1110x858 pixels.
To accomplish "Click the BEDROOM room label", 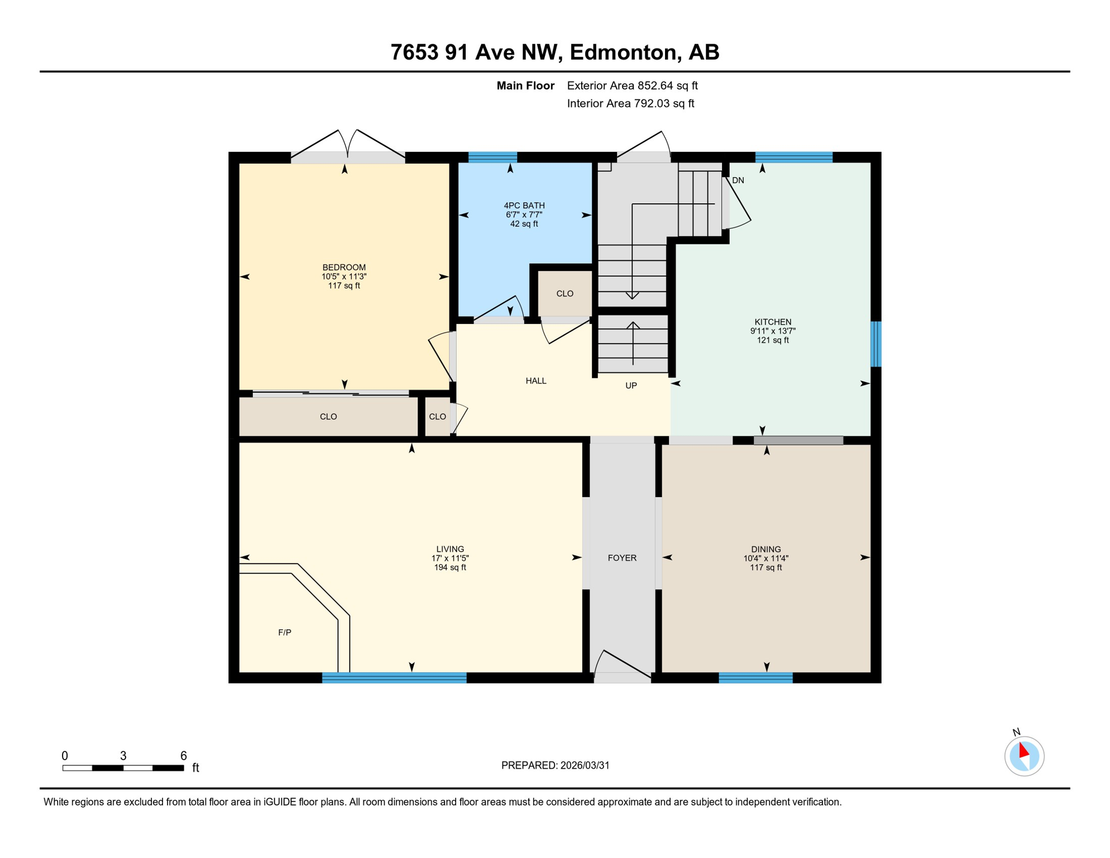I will coord(344,267).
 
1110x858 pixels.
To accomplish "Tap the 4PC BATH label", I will coord(524,206).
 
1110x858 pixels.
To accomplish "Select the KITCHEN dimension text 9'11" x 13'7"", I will coord(773,331).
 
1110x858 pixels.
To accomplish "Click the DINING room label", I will coord(765,549).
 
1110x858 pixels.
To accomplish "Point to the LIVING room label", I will coord(450,549).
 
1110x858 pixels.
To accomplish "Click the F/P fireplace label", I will coord(285,632).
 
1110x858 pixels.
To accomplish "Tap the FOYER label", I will coord(622,558).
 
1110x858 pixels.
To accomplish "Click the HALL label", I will coord(535,381).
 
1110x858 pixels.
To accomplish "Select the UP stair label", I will coord(631,385).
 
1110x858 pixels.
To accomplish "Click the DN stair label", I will coord(738,180).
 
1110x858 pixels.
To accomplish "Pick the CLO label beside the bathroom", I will coord(564,294).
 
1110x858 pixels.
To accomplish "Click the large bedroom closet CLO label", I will coord(328,417).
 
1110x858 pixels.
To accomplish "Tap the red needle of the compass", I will coord(1023,750).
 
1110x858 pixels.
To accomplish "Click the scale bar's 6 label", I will coord(183,756).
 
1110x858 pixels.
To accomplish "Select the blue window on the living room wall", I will coord(394,678).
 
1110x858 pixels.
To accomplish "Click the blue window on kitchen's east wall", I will coord(876,344).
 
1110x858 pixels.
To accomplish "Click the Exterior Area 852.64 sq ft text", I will coord(632,85).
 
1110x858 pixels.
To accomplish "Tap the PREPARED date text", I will coord(555,765).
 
